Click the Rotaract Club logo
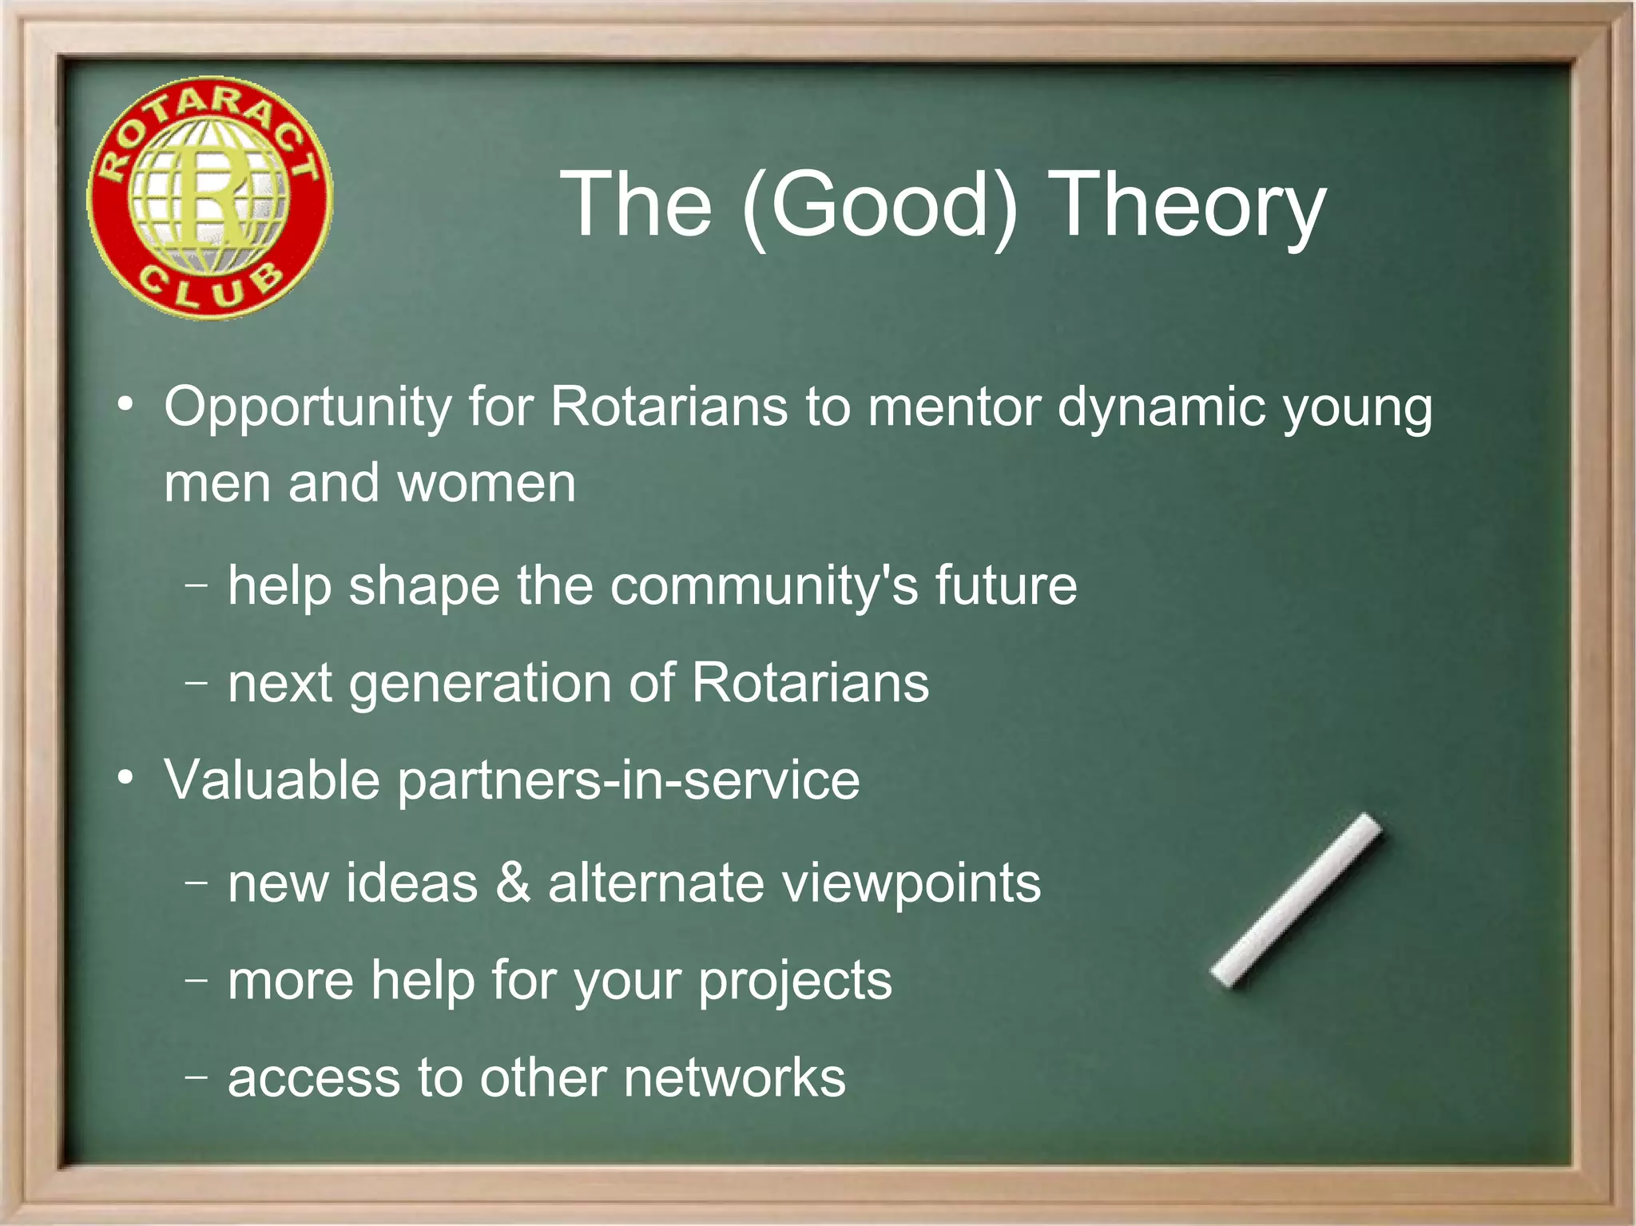(209, 198)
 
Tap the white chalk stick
(1296, 900)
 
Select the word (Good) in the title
(879, 206)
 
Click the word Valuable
(272, 780)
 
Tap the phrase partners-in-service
(629, 780)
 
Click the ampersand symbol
(512, 883)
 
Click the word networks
(733, 1078)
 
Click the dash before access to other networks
(196, 1076)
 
